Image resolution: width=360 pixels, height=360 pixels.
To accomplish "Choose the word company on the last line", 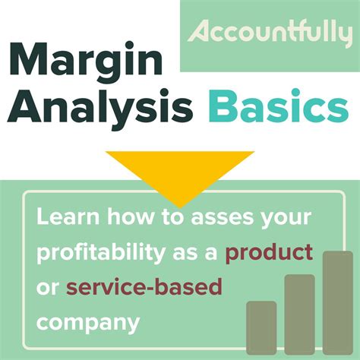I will point(88,324).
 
